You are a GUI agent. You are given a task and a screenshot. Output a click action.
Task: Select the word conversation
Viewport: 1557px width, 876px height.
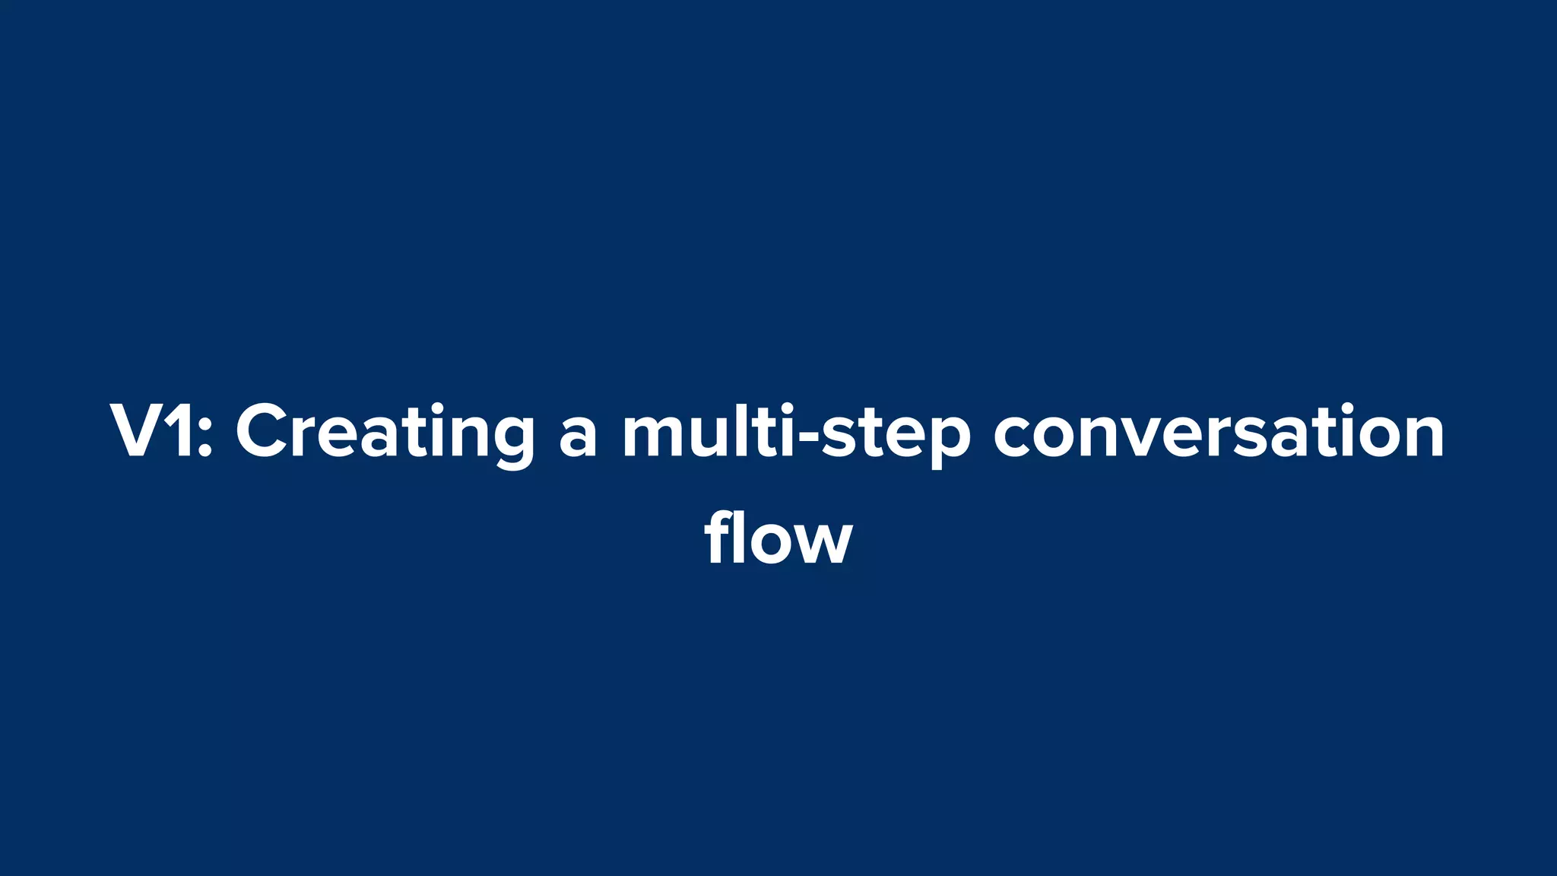pyautogui.click(x=1218, y=432)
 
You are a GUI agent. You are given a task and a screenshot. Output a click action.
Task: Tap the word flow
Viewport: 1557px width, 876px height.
pyautogui.click(x=778, y=538)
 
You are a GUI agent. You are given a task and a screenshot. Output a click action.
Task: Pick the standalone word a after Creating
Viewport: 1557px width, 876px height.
pyautogui.click(x=578, y=437)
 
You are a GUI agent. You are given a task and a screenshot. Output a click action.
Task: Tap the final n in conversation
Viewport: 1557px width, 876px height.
pyautogui.click(x=1419, y=437)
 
